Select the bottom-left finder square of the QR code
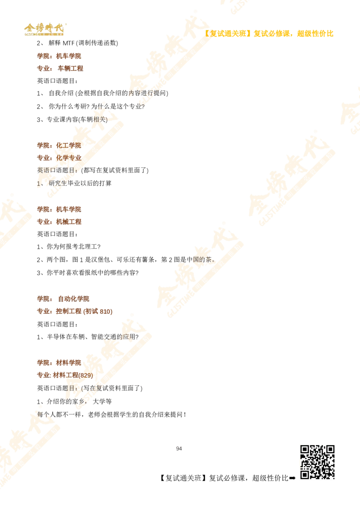[305, 474]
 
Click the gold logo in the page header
[45, 29]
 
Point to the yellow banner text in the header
[270, 33]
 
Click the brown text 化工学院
[67, 146]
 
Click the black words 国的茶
[201, 259]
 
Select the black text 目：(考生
[85, 387]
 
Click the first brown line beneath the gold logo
[60, 56]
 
